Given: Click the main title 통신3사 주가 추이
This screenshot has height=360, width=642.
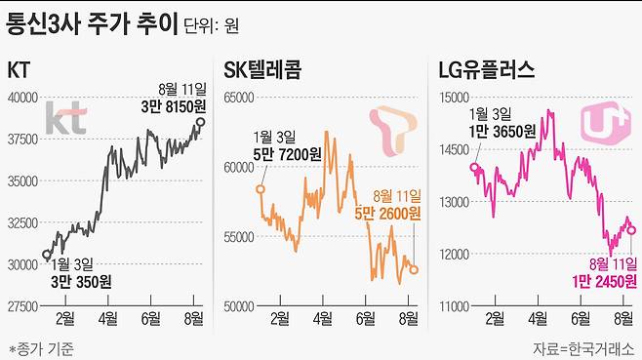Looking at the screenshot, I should coord(92,20).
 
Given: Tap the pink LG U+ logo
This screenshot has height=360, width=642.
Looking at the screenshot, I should coord(601,125).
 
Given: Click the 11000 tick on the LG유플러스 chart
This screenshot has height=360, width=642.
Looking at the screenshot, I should coord(453,306).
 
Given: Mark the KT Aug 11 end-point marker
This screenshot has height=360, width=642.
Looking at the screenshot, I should coord(201,122).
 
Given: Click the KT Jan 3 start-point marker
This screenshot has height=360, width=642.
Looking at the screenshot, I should coord(47,255).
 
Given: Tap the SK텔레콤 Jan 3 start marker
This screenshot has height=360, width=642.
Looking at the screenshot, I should coord(261,189).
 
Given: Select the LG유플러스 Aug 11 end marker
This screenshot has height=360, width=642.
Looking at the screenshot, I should coord(631,230).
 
